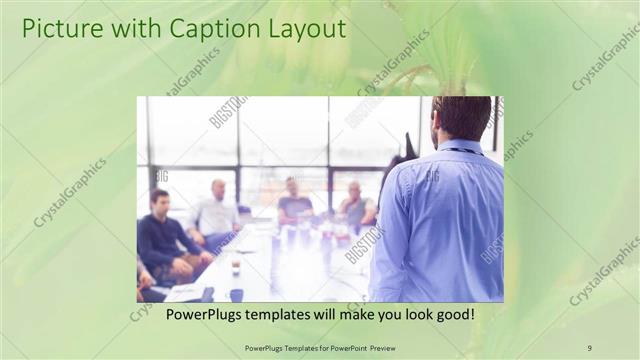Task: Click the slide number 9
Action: click(590, 347)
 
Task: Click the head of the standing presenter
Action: click(461, 118)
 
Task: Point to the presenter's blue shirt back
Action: click(440, 220)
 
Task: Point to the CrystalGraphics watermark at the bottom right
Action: click(604, 271)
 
